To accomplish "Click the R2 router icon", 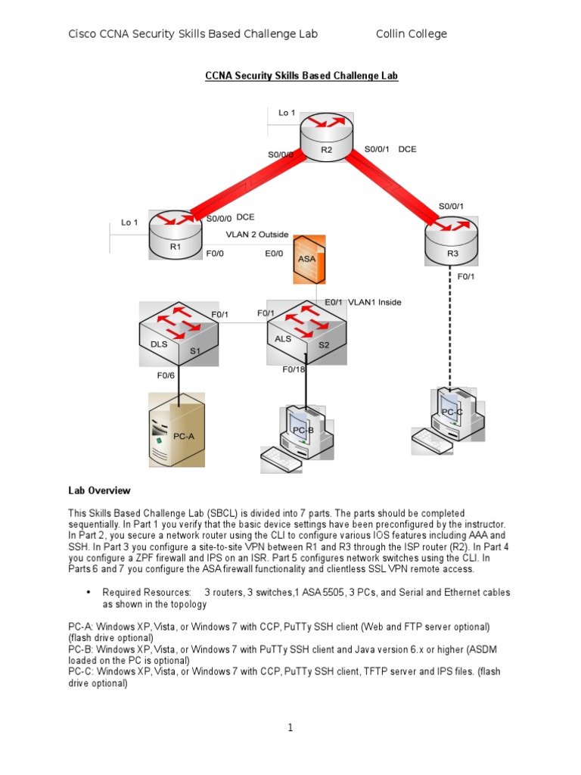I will [x=326, y=137].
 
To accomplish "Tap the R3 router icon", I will [x=452, y=241].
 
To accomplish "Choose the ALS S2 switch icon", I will [x=305, y=332].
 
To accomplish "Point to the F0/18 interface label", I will [x=294, y=369].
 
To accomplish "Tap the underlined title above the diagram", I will [x=301, y=76].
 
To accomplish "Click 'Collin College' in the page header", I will [x=412, y=34].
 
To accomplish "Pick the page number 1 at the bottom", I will [x=290, y=727].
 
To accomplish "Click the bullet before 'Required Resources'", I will [x=89, y=592].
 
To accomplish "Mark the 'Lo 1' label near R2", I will [x=287, y=113].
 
